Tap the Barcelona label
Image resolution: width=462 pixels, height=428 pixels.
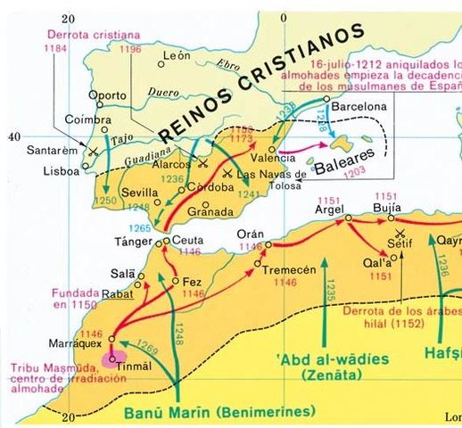(x=360, y=106)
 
